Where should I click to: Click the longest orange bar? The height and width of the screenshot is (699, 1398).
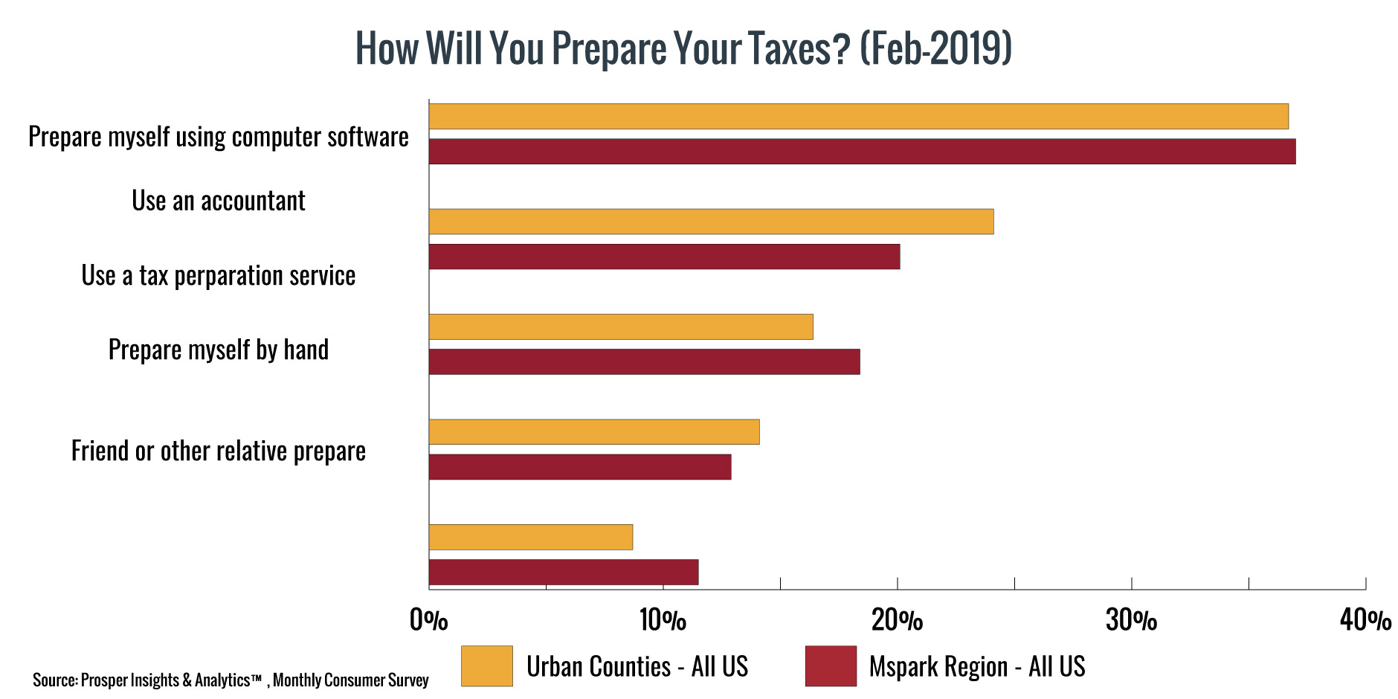tap(858, 117)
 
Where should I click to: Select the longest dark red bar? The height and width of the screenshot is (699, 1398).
tap(862, 152)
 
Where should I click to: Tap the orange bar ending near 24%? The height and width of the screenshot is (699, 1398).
tap(711, 222)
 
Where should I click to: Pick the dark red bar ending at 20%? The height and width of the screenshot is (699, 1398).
tap(664, 257)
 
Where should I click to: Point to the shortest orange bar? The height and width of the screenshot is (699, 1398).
tap(530, 537)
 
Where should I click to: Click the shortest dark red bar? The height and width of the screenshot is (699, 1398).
tap(563, 572)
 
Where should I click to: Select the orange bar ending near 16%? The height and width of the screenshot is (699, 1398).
tap(621, 326)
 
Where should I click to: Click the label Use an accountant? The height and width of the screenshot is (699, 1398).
tap(219, 201)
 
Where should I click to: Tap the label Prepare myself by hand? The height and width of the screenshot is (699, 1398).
tap(219, 349)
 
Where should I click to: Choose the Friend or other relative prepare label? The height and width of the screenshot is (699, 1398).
tap(219, 451)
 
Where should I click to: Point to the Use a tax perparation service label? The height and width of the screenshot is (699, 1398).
tap(219, 276)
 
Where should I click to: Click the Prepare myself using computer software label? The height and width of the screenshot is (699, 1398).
tap(219, 137)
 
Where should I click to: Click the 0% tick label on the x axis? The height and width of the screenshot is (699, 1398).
tap(429, 619)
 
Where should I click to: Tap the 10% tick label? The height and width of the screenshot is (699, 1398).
tap(663, 619)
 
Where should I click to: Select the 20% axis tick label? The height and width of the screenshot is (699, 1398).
tap(897, 619)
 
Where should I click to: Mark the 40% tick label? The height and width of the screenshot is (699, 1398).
tap(1365, 619)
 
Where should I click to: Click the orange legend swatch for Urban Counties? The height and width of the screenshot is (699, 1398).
tap(486, 666)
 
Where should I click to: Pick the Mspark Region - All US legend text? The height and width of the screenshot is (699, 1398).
tap(977, 666)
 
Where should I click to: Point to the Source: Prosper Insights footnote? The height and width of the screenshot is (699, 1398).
tap(231, 680)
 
